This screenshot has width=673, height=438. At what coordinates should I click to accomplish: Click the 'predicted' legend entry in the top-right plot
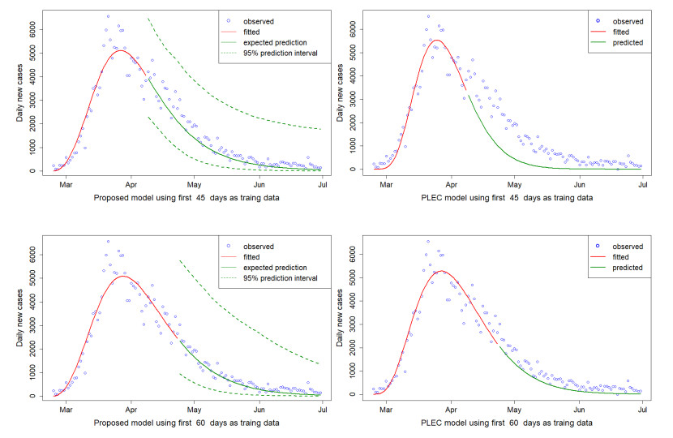pyautogui.click(x=627, y=43)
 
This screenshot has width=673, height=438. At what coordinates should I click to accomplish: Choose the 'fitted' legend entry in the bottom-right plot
pyautogui.click(x=623, y=256)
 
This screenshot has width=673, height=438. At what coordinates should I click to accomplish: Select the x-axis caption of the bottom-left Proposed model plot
pyautogui.click(x=186, y=423)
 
